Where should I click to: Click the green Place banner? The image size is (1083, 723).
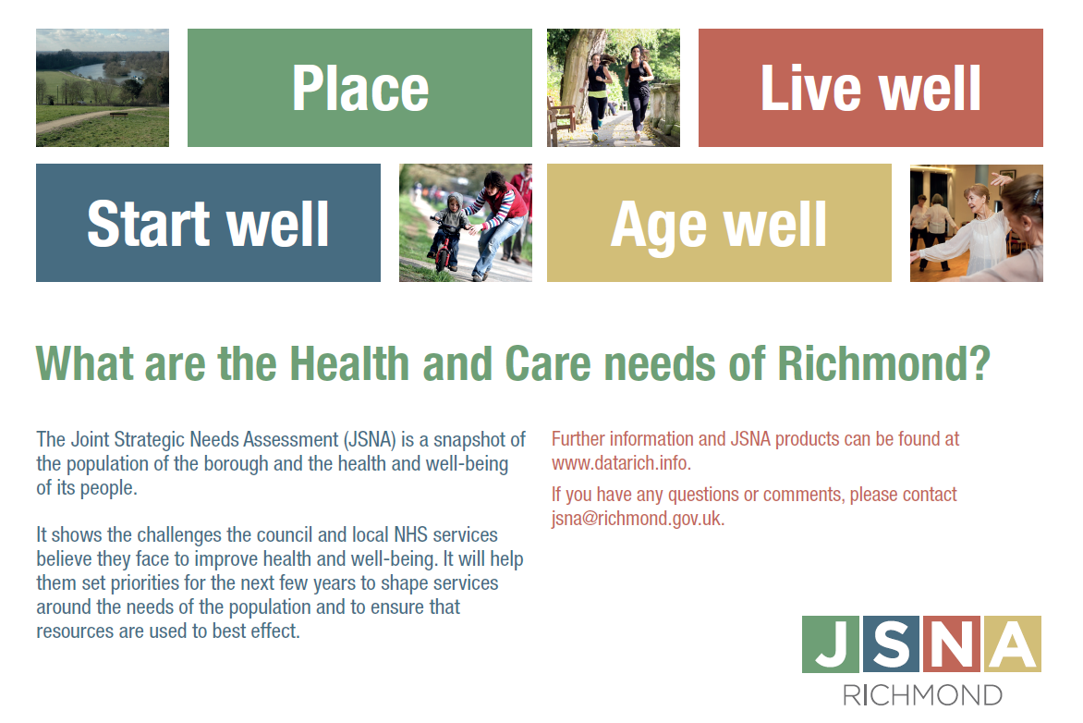359,88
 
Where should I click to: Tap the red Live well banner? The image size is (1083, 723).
870,88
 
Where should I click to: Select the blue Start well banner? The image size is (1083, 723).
208,223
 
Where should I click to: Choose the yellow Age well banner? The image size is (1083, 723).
719,223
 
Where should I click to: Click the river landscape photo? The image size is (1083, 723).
103,88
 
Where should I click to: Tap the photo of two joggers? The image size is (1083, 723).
614,88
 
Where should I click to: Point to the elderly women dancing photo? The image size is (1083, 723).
977,223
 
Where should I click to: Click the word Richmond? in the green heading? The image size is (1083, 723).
884,363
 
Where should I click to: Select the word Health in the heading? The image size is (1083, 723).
349,363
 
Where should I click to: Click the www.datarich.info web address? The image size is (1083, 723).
621,463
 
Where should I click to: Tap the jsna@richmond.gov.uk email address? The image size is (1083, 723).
638,519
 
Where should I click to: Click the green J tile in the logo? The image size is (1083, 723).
831,644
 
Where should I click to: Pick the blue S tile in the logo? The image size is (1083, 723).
891,644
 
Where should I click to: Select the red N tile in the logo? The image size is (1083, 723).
952,644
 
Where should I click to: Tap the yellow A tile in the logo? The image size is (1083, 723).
1013,644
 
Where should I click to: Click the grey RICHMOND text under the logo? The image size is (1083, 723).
922,695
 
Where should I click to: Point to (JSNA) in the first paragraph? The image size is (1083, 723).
370,440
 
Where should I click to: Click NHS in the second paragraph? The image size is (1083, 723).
411,535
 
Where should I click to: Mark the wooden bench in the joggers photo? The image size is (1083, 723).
561,117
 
